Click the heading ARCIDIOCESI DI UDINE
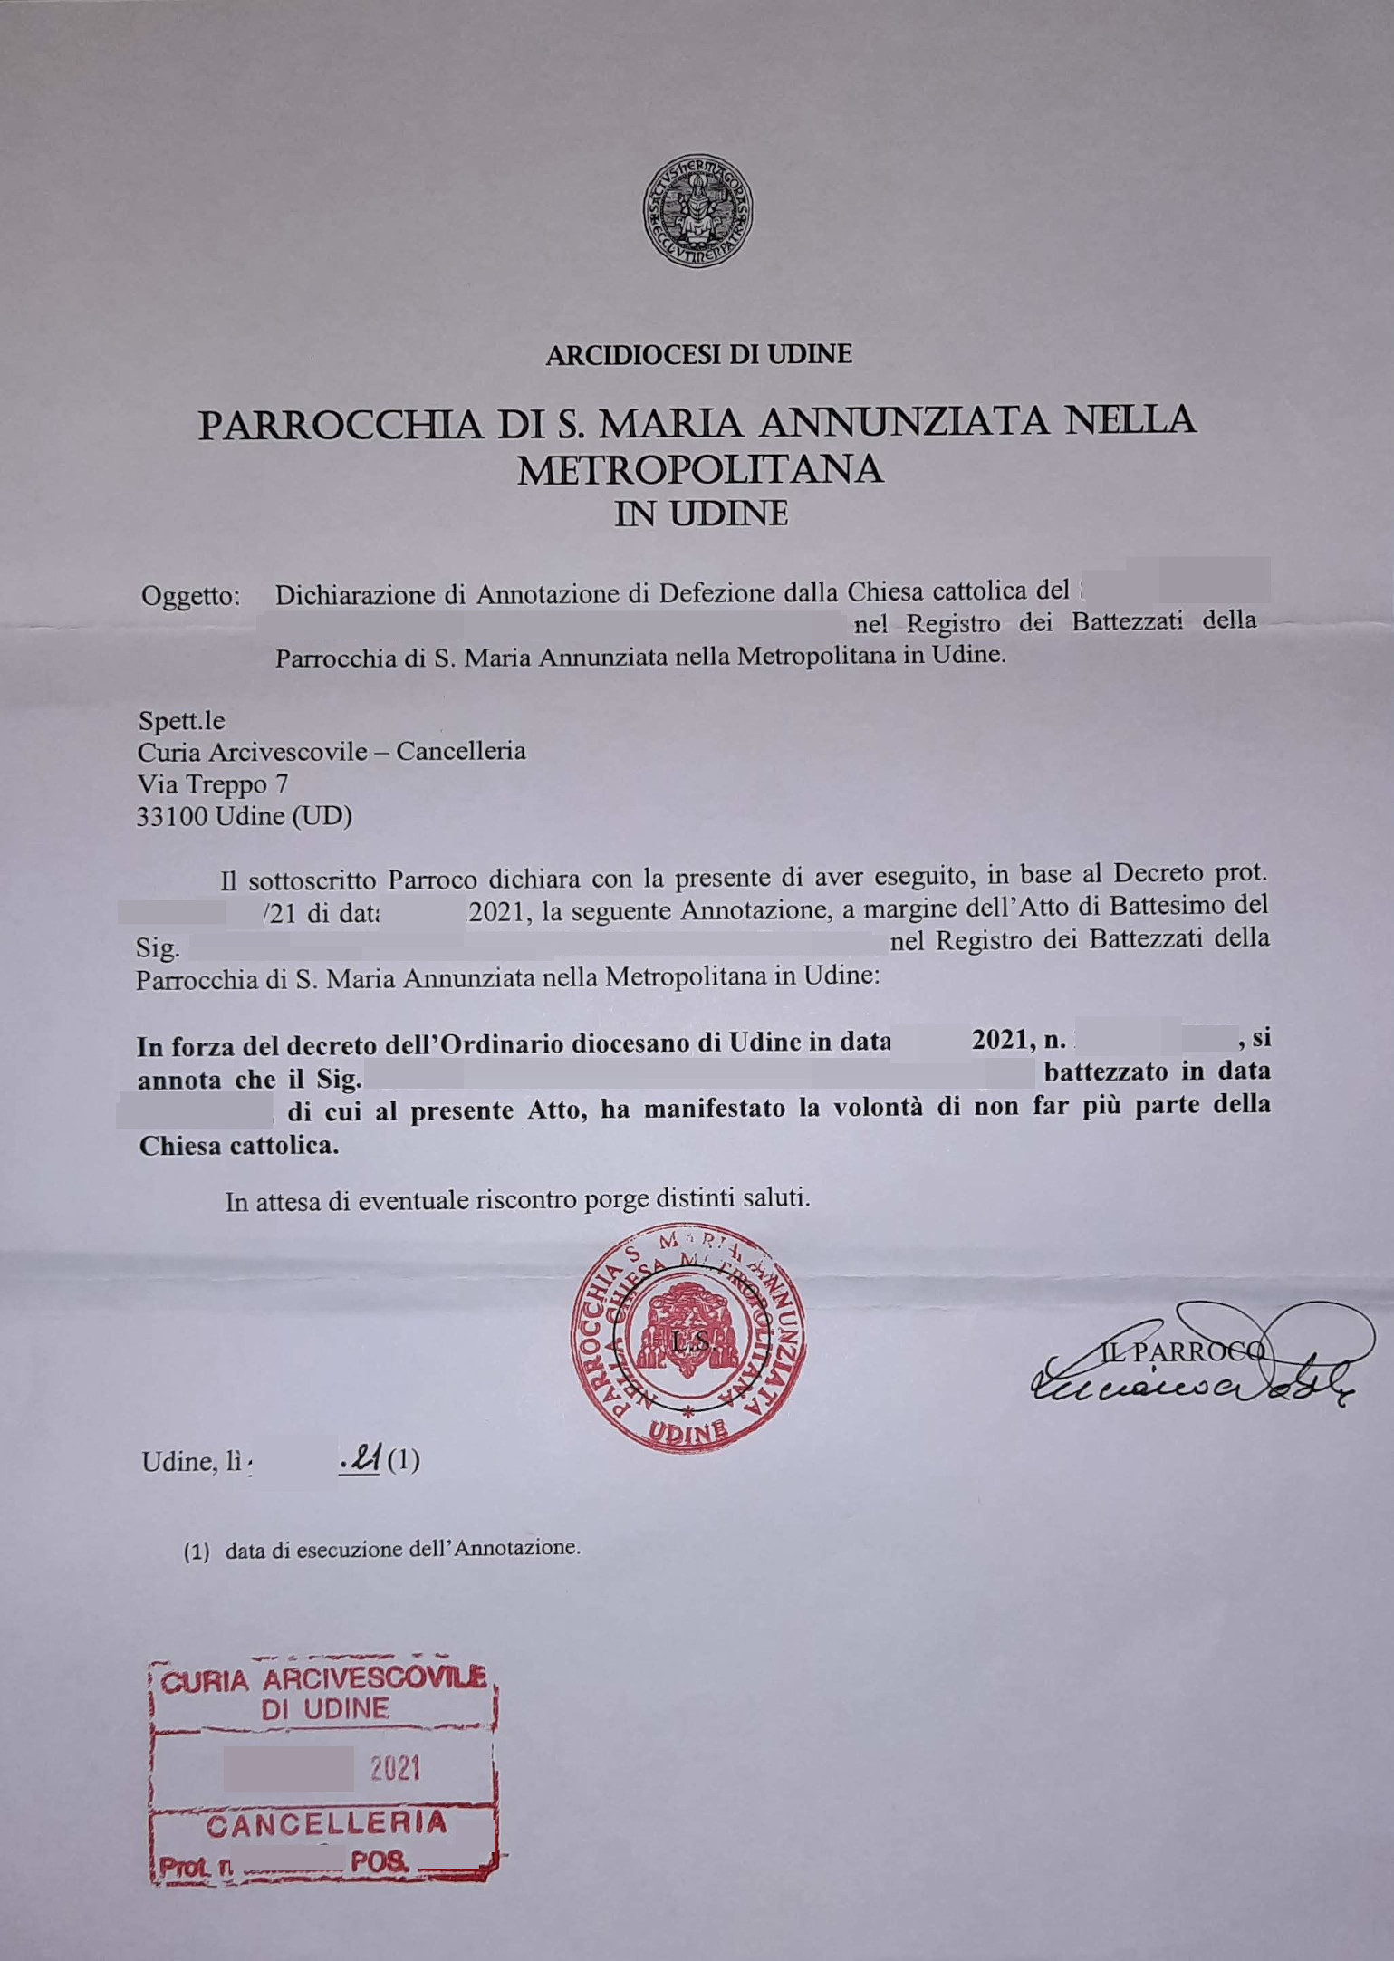(x=698, y=354)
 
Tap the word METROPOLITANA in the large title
(x=699, y=469)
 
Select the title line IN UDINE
(x=700, y=514)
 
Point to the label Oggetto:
(x=191, y=597)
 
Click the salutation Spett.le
(x=181, y=721)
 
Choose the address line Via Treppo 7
(x=213, y=783)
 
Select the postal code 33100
(x=172, y=816)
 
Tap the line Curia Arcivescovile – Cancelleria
(x=332, y=752)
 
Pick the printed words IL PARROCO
(x=1182, y=1352)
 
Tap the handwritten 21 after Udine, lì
(x=363, y=1460)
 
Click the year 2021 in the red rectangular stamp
(x=395, y=1767)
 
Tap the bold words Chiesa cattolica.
(x=238, y=1146)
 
